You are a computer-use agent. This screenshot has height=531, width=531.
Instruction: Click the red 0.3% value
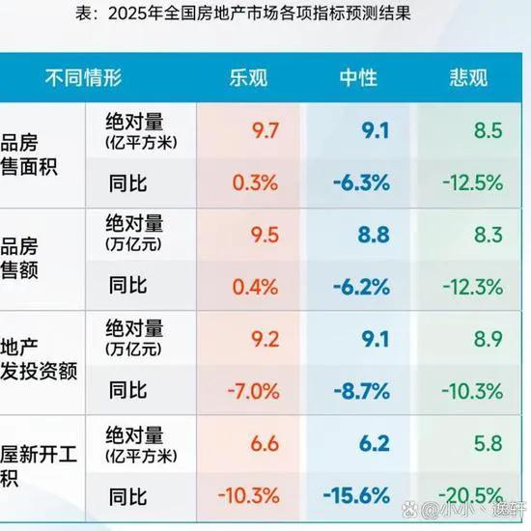coord(257,181)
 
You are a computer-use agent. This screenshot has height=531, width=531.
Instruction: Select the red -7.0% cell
coord(255,391)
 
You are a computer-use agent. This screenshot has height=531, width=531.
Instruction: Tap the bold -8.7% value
coord(364,391)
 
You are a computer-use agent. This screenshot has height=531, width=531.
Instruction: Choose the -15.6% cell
coord(359,495)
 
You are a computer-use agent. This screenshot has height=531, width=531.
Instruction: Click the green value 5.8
coord(488,444)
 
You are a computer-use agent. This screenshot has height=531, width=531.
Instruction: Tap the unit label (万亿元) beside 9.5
coord(134,245)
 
